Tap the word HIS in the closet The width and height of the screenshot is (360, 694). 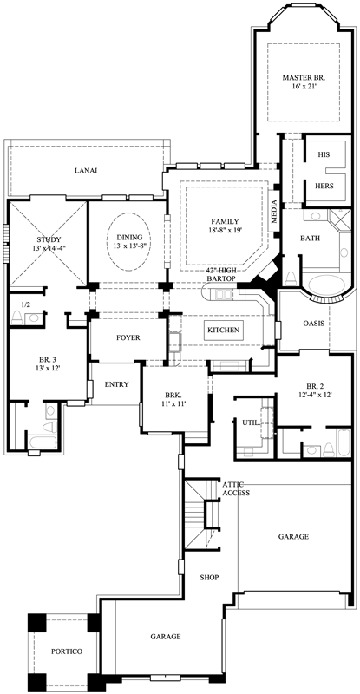pos(325,154)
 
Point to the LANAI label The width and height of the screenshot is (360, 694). pos(85,171)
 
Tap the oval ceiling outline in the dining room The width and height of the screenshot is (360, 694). pos(129,236)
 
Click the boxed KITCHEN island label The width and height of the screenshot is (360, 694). pos(223,331)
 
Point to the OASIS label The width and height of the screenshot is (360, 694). pos(314,324)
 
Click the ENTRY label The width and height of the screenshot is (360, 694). pos(118,383)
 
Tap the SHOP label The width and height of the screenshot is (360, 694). pos(208,577)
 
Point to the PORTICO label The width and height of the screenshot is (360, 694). pos(66,651)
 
